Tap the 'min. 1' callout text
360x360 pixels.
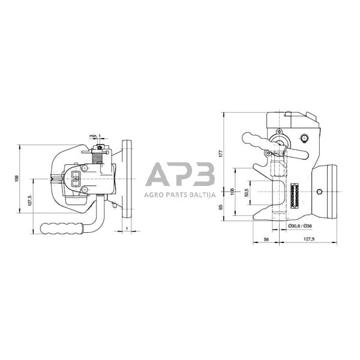(95, 136)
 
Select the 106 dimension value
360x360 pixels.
(232, 191)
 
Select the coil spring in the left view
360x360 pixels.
(98, 159)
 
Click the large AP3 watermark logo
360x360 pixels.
(180, 175)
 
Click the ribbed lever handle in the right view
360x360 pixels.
(256, 142)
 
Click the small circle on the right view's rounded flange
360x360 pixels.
(319, 193)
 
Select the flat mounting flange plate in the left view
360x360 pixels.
(127, 178)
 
